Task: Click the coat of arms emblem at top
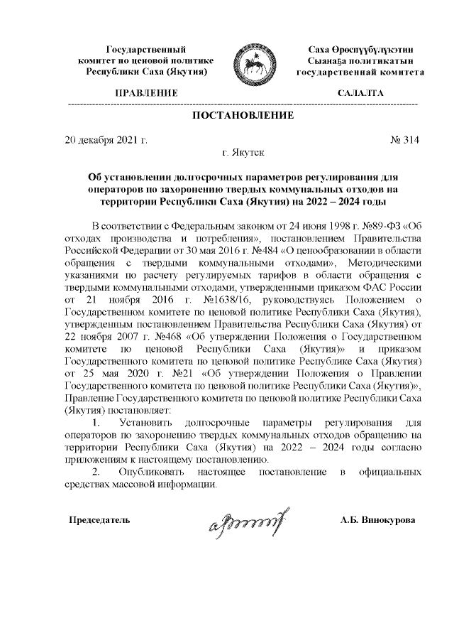point(254,65)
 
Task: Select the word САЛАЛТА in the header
point(360,94)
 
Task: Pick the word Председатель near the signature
point(99,521)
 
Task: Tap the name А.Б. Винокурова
point(378,521)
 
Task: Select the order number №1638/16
point(206,302)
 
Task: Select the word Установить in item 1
point(145,421)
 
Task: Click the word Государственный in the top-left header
point(146,49)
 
